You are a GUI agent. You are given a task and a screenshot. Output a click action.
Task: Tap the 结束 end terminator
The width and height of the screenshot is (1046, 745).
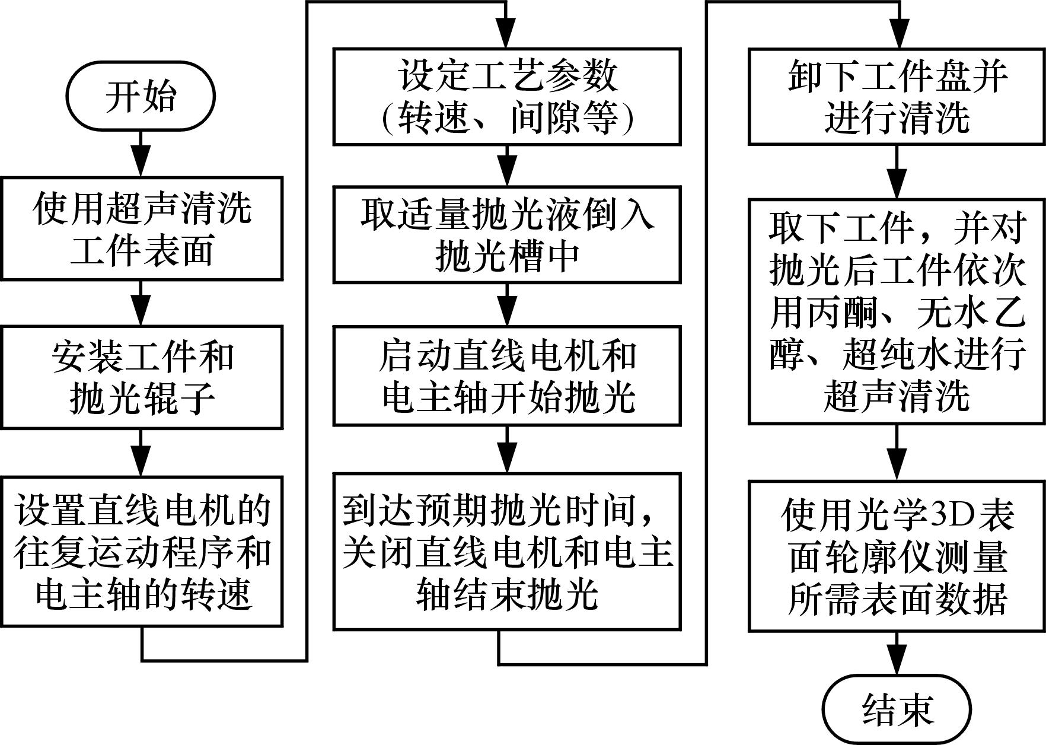click(x=897, y=709)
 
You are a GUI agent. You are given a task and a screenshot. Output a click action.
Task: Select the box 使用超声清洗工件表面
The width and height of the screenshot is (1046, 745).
click(x=141, y=228)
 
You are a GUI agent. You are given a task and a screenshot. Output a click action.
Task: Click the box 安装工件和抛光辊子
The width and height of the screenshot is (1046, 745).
click(x=141, y=377)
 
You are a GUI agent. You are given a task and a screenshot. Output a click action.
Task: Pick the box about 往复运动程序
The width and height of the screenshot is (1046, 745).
click(x=141, y=550)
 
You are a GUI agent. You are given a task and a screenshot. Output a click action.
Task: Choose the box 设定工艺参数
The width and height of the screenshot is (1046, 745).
click(x=506, y=97)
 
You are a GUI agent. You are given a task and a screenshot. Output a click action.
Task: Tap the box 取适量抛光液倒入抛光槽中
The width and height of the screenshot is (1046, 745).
click(x=506, y=235)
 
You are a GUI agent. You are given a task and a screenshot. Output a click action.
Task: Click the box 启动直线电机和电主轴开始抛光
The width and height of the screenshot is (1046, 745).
click(x=506, y=375)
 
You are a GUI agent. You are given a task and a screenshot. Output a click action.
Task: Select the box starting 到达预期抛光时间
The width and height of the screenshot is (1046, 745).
click(x=506, y=551)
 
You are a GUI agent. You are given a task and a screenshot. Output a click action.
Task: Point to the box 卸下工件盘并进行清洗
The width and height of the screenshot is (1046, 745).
click(x=897, y=97)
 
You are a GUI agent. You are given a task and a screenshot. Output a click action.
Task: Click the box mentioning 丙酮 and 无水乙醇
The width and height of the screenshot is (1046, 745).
click(x=897, y=312)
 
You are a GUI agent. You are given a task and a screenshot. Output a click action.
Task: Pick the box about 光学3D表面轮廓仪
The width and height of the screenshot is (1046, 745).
click(x=897, y=556)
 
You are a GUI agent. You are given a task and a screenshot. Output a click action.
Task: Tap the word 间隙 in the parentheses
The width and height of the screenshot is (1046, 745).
click(x=547, y=119)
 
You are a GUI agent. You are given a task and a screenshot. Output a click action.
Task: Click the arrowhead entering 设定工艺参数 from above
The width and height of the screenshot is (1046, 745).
click(x=506, y=36)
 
